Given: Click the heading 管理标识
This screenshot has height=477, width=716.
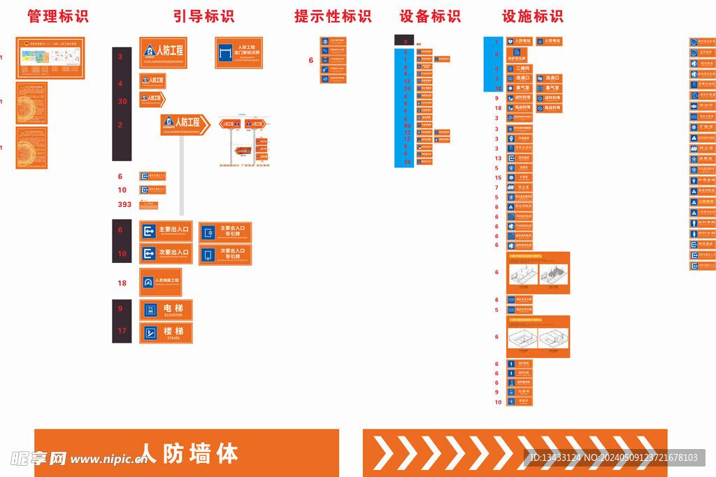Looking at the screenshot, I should point(58,16).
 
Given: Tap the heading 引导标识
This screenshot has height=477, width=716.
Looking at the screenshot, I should point(203,16).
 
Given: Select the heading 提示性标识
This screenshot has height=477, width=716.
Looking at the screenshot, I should point(333,16).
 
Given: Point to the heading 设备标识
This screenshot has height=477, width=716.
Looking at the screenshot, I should point(430,16).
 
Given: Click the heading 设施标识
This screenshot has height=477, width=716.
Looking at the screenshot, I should point(533,16).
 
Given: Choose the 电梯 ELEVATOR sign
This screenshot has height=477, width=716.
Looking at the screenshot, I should point(166,310).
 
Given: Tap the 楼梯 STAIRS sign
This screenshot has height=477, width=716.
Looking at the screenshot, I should point(166,333).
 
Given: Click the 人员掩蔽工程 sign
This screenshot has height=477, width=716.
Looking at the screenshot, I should point(161,282).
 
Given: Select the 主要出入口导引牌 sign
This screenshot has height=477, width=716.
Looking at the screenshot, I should point(225,232).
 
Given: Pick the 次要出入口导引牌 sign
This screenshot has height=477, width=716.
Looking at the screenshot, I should point(225,254).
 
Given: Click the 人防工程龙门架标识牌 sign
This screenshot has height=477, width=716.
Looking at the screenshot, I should point(238,52).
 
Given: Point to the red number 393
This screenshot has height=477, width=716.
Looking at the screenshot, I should point(124,205).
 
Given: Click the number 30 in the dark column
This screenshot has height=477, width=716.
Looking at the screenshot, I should point(122,101).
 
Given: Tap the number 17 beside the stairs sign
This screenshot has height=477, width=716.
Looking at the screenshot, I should point(122,331).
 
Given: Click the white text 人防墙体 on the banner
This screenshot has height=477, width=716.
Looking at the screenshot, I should point(189,453).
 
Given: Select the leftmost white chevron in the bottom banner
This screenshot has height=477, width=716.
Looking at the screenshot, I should point(384,452).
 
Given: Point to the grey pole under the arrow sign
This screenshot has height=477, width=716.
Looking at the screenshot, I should point(182,175).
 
